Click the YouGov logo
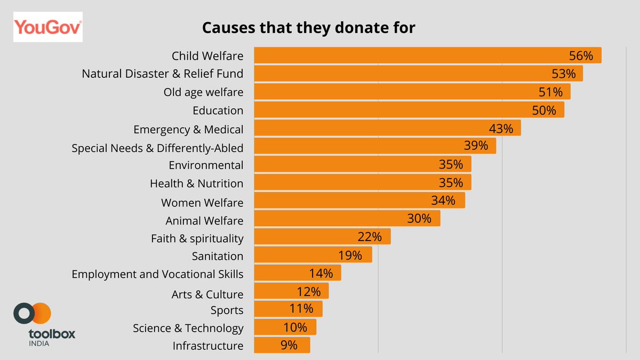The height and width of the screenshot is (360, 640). [x=48, y=27]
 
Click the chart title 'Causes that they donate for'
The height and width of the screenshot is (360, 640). [x=309, y=28]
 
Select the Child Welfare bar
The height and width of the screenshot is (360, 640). [x=428, y=55]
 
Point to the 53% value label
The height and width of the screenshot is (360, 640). [x=563, y=74]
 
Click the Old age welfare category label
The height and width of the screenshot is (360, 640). [x=203, y=92]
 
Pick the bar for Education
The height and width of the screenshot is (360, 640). [x=409, y=109]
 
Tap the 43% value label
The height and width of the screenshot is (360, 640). [x=501, y=129]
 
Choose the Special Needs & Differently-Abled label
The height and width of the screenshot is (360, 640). [x=157, y=148]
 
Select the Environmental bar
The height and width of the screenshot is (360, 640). [x=363, y=164]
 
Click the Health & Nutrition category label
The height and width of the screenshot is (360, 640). [x=197, y=183]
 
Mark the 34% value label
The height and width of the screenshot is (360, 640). [x=443, y=201]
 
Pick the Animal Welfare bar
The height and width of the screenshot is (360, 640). [x=347, y=218]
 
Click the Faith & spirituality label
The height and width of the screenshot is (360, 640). [x=197, y=238]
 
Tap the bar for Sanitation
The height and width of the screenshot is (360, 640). [x=313, y=254]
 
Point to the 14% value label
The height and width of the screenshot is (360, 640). [x=321, y=274]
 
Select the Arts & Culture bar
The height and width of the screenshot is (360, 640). [x=291, y=291]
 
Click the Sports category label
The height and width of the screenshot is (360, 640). [x=227, y=310]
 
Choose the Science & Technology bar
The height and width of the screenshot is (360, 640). [x=285, y=327]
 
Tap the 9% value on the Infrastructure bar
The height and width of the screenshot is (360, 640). [x=289, y=345]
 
